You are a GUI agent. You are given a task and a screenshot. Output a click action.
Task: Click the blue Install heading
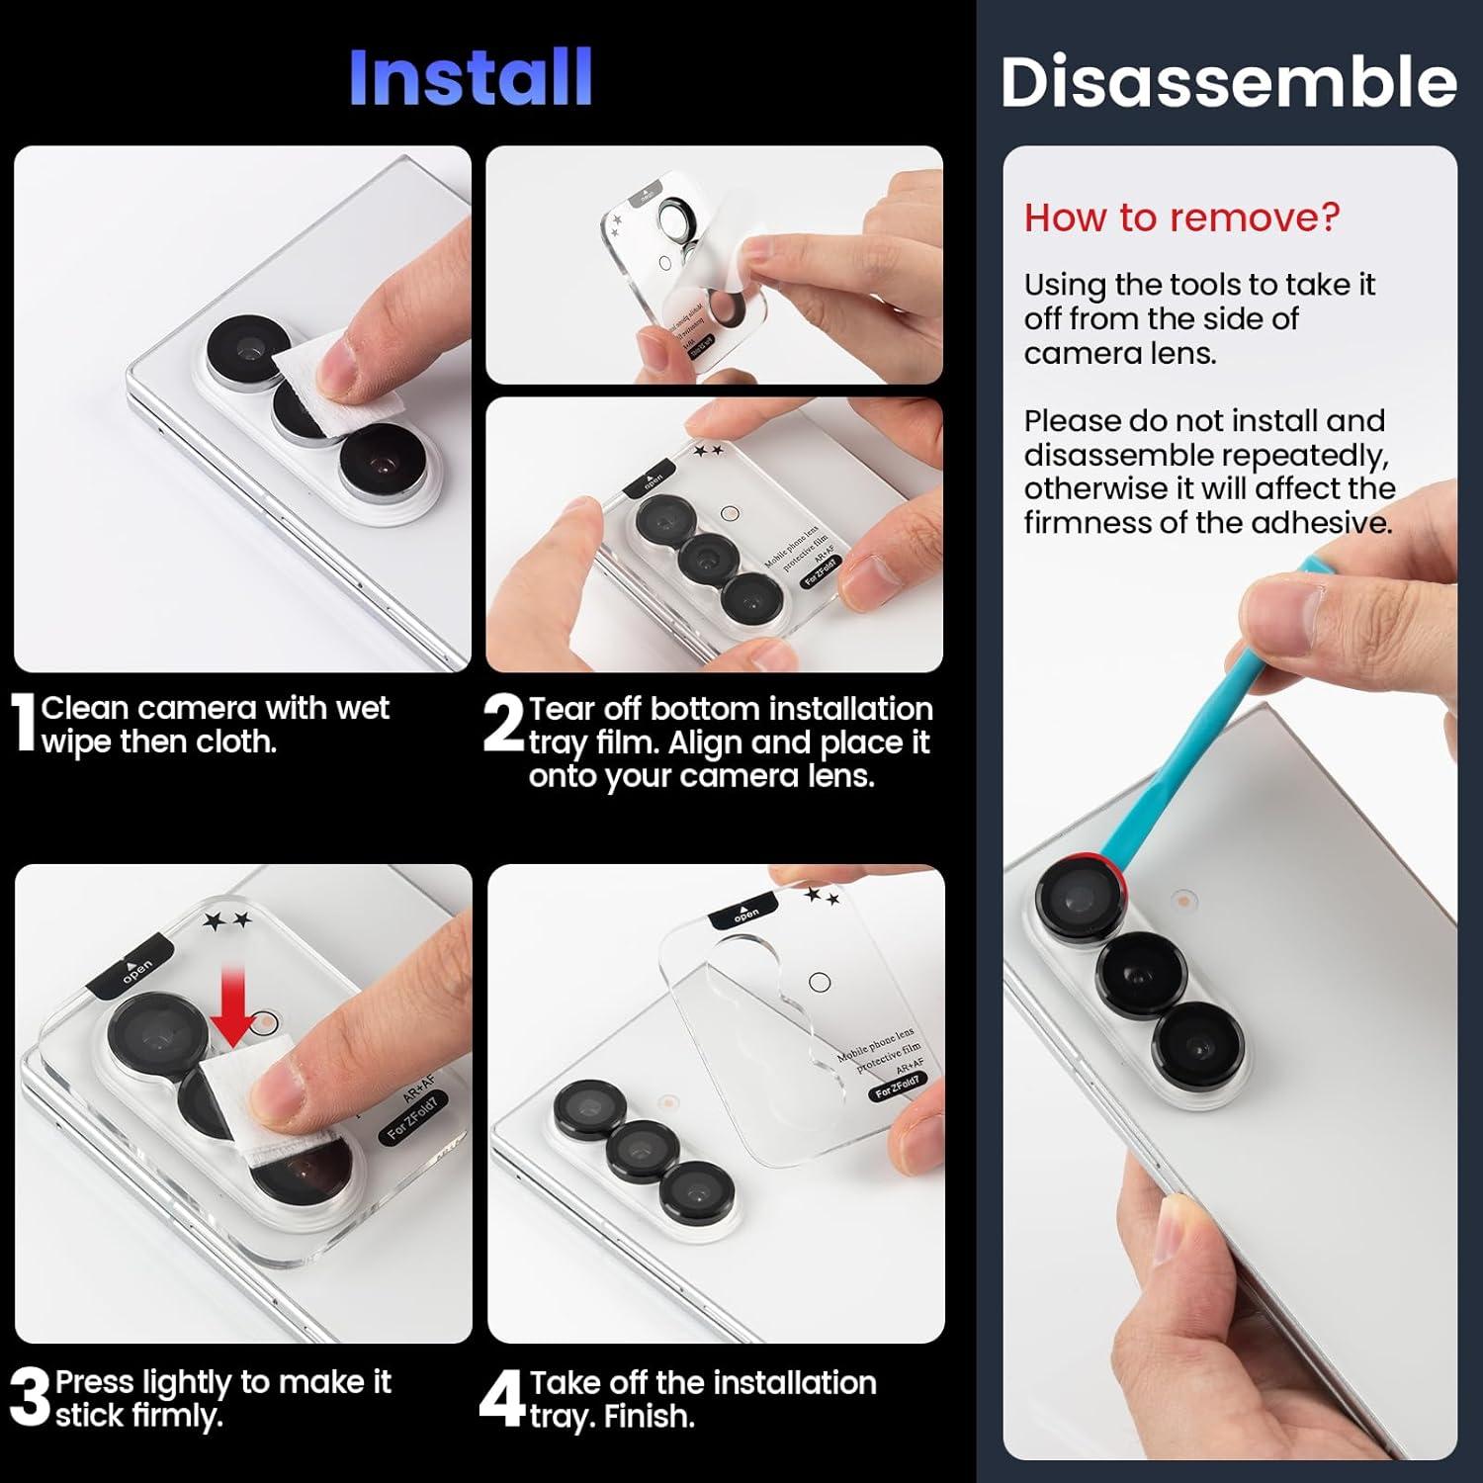coord(471,77)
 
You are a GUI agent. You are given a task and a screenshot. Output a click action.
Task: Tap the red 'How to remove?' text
coord(1181,217)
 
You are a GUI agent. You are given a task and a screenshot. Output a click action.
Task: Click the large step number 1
coord(24,724)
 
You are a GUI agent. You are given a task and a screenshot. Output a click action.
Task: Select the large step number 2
coord(503,724)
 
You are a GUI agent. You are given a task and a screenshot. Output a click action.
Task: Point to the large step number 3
coord(29,1397)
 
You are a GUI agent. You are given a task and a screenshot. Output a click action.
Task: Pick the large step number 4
coord(501,1398)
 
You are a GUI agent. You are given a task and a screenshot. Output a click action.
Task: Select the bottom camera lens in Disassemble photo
coord(1196,1047)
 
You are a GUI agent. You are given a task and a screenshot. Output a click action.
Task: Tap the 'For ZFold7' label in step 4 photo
coord(896,1088)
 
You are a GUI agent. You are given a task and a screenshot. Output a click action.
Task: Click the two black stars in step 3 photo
coord(227,921)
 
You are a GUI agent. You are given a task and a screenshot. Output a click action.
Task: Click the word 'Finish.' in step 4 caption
coord(650,1416)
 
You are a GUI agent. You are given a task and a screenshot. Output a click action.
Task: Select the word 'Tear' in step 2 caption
coord(566,709)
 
